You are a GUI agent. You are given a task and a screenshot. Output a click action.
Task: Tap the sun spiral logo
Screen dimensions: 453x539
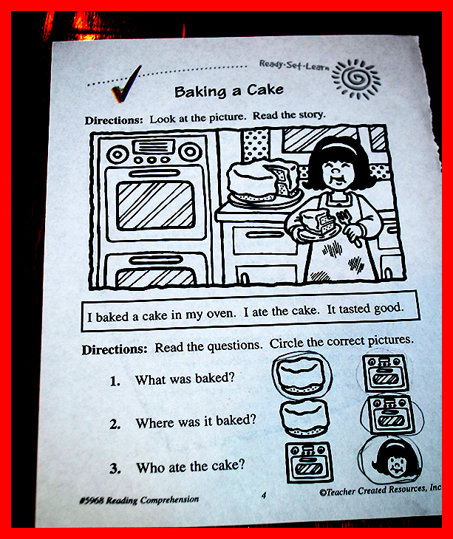(x=356, y=79)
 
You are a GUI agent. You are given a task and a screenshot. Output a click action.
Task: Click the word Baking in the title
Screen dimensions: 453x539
(x=200, y=92)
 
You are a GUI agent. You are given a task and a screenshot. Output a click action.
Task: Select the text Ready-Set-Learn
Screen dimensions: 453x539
(x=294, y=65)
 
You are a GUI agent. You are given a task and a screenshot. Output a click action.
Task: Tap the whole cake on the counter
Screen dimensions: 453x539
(x=263, y=181)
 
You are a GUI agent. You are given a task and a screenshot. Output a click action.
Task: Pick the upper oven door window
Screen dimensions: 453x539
(x=154, y=205)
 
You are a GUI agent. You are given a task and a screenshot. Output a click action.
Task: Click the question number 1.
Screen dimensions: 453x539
(x=115, y=381)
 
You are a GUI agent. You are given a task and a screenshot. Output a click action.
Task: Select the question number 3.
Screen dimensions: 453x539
(x=115, y=469)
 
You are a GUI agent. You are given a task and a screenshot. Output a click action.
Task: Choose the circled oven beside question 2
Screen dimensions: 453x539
(x=391, y=415)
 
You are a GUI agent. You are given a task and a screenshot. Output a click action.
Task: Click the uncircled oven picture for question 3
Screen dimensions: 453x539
(x=309, y=462)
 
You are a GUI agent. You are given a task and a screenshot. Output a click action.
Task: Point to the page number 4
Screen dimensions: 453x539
(x=264, y=495)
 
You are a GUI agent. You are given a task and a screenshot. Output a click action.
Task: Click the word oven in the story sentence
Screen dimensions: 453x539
(x=221, y=314)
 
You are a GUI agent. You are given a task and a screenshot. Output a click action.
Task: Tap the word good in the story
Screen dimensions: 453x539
(x=388, y=308)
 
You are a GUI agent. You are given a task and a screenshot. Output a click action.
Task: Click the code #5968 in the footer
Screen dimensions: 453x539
(x=91, y=501)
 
